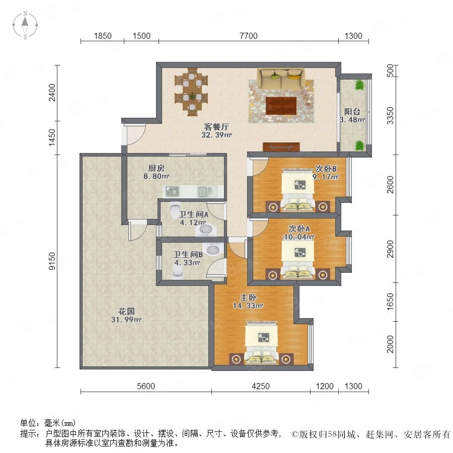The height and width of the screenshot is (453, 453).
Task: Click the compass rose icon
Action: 25,25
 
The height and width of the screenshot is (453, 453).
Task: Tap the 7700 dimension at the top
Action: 249,36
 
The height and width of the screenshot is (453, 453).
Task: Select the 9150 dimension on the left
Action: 52,261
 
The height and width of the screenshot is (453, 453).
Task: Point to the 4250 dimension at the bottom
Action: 261,386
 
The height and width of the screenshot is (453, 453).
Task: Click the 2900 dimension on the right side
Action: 390,249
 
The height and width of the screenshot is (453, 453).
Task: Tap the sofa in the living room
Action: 281,79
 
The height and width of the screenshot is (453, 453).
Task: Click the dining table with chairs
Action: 191,92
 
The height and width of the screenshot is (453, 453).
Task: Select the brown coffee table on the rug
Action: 281,106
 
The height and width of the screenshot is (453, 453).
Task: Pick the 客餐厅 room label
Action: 216,126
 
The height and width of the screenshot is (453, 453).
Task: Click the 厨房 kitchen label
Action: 157,168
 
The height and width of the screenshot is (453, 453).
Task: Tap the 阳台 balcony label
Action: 352,112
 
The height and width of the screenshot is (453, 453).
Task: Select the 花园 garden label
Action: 126,312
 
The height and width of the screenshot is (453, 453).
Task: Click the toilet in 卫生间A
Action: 175,210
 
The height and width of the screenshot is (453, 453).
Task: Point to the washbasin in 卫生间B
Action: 213,249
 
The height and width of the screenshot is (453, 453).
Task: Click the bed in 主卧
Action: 262,343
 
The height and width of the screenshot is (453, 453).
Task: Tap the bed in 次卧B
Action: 298,191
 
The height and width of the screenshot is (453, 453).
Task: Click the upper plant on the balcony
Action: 359,85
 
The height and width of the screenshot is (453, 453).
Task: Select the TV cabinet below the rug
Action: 281,147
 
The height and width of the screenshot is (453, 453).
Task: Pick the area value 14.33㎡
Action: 248,306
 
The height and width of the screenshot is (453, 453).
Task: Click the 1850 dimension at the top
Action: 103,36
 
